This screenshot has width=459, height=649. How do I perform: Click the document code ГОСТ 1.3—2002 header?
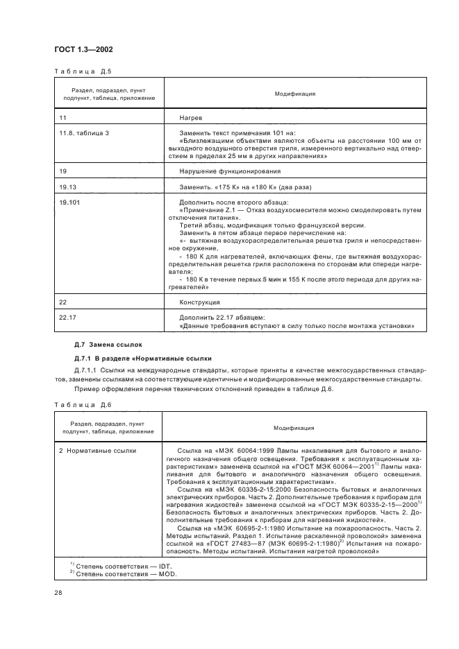click(x=83, y=49)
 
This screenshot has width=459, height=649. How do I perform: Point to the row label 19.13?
click(x=67, y=187)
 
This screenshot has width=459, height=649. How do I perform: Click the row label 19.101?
click(x=69, y=201)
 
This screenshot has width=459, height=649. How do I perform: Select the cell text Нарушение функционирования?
click(x=230, y=171)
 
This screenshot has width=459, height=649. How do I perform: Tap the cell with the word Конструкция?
click(x=199, y=302)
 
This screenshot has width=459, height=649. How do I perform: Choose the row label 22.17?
click(x=67, y=317)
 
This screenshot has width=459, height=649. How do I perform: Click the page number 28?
click(x=58, y=593)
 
